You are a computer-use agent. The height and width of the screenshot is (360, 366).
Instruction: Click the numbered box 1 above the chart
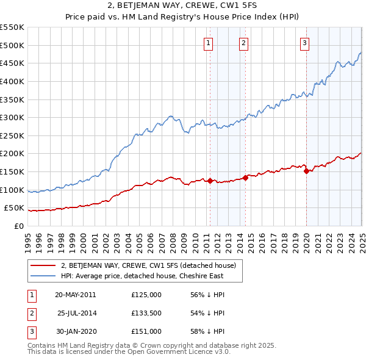coord(209,43)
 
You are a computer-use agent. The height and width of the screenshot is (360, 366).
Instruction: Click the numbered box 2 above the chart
coord(243,43)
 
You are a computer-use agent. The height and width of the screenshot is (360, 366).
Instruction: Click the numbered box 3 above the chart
coord(304,43)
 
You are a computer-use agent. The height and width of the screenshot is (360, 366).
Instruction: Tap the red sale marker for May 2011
coord(210,181)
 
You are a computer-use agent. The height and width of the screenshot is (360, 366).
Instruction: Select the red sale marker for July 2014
coord(245,178)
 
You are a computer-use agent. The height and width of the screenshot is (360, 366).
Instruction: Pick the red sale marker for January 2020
coord(306,171)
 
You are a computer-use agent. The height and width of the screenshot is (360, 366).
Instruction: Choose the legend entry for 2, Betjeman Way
coord(152,265)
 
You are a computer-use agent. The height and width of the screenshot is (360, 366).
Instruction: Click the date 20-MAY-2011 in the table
coord(75,295)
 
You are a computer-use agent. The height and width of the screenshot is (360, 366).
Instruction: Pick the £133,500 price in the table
coord(146,313)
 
